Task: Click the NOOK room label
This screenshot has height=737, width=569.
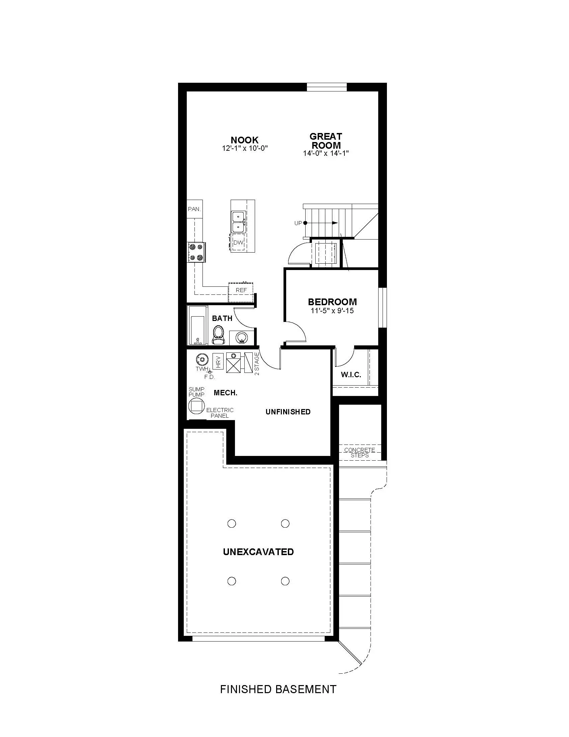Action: pyautogui.click(x=245, y=140)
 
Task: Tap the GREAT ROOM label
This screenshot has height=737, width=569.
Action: pyautogui.click(x=326, y=141)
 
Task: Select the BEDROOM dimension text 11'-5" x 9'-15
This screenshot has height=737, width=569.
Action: pyautogui.click(x=332, y=311)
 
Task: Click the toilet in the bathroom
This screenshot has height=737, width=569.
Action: pyautogui.click(x=219, y=335)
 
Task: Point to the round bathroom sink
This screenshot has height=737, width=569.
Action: pyautogui.click(x=241, y=337)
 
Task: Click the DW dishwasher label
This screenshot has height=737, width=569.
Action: pyautogui.click(x=238, y=243)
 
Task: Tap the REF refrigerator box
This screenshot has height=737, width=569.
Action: pyautogui.click(x=241, y=292)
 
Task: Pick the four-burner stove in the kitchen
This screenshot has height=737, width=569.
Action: pyautogui.click(x=196, y=252)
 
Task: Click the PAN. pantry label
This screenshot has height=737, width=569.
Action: pyautogui.click(x=194, y=209)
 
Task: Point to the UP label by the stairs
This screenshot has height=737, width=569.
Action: pyautogui.click(x=298, y=223)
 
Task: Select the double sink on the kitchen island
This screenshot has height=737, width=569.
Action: pyautogui.click(x=238, y=221)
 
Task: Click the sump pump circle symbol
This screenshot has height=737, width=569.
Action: pyautogui.click(x=196, y=406)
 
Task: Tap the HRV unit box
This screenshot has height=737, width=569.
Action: pyautogui.click(x=218, y=362)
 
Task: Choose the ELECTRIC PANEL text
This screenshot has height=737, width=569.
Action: pyautogui.click(x=220, y=413)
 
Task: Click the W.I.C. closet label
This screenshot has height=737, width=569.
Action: pyautogui.click(x=351, y=374)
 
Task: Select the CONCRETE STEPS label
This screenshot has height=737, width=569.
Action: pyautogui.click(x=360, y=453)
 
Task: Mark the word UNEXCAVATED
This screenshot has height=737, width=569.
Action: pyautogui.click(x=258, y=552)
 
